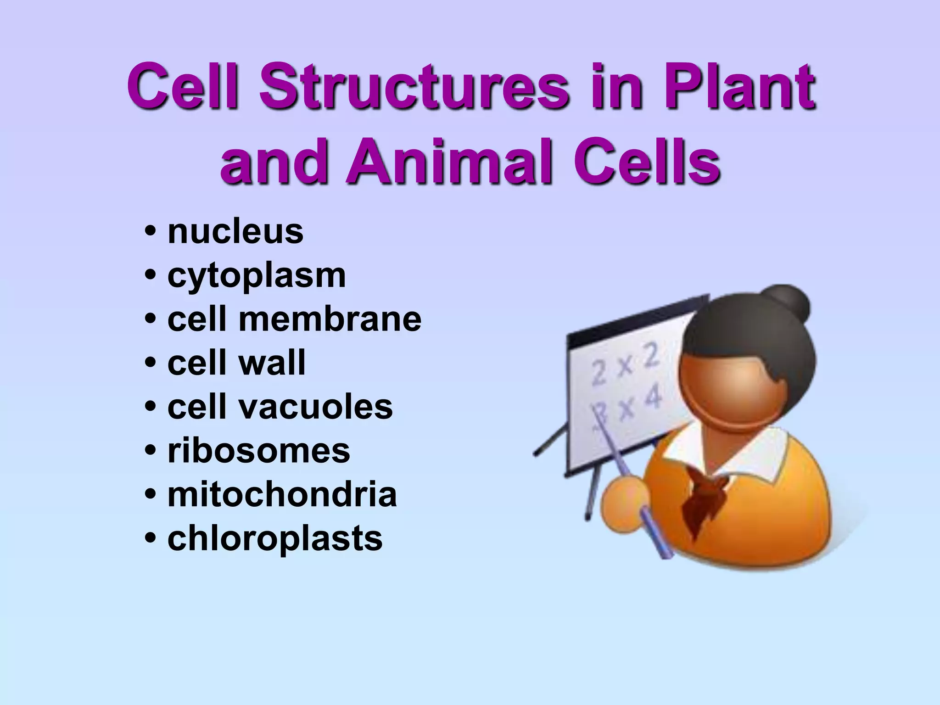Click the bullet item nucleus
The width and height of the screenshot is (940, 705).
click(235, 231)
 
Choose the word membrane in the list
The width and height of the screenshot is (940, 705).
click(330, 319)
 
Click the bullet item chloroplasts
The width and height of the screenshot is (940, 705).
click(275, 538)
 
